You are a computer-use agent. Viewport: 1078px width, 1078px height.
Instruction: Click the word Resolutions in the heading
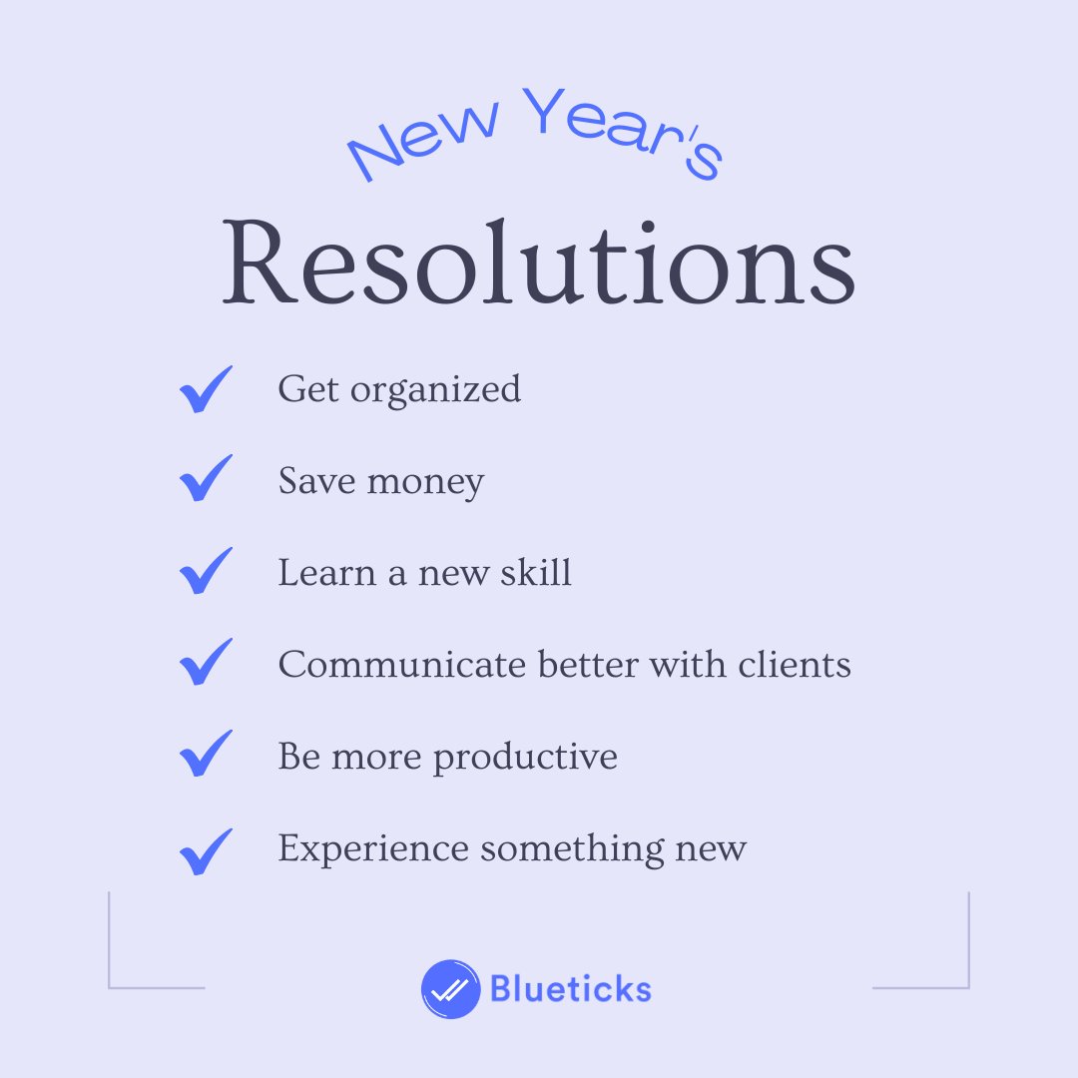click(x=538, y=263)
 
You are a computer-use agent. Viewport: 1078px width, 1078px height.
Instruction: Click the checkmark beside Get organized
click(x=206, y=389)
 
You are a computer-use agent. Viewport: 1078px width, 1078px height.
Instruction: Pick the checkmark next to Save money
click(x=206, y=480)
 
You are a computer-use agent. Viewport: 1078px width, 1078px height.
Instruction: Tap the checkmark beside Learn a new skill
click(x=206, y=572)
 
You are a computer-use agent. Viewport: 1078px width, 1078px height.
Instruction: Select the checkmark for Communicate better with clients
click(x=206, y=663)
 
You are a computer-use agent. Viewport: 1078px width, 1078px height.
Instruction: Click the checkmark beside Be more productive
click(x=206, y=755)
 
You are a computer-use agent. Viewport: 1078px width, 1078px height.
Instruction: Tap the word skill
click(x=537, y=573)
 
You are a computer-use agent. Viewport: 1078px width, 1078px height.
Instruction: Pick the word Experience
click(x=373, y=849)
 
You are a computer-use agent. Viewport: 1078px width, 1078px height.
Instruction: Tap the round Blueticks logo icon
click(x=450, y=989)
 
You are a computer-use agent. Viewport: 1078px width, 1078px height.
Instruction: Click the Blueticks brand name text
click(x=570, y=989)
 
